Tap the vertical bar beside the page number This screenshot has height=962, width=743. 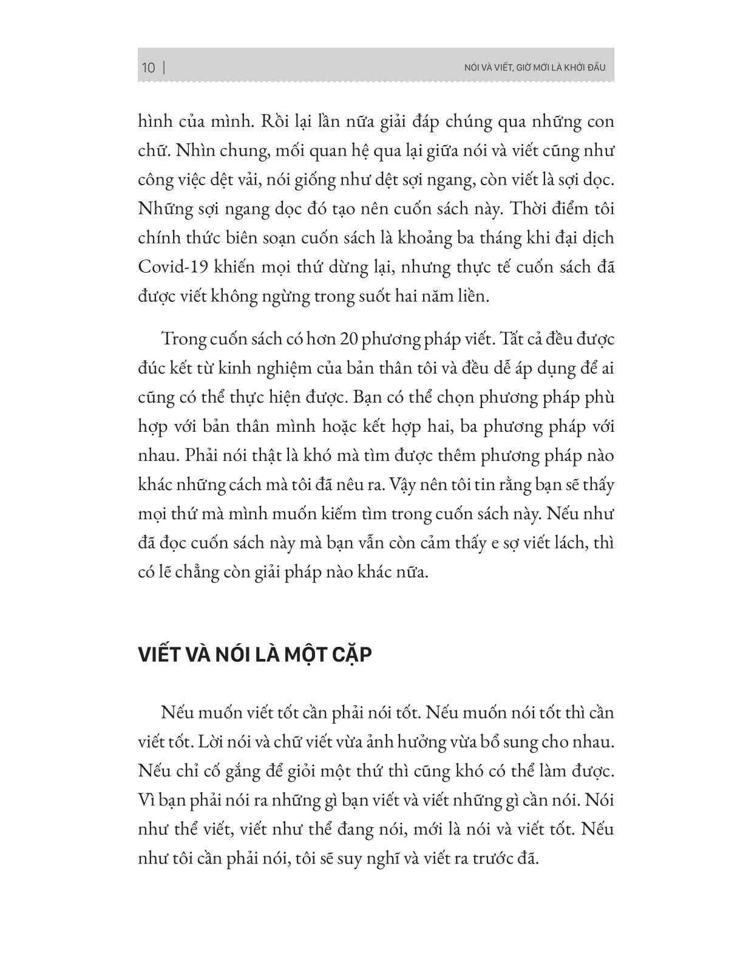click(165, 67)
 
